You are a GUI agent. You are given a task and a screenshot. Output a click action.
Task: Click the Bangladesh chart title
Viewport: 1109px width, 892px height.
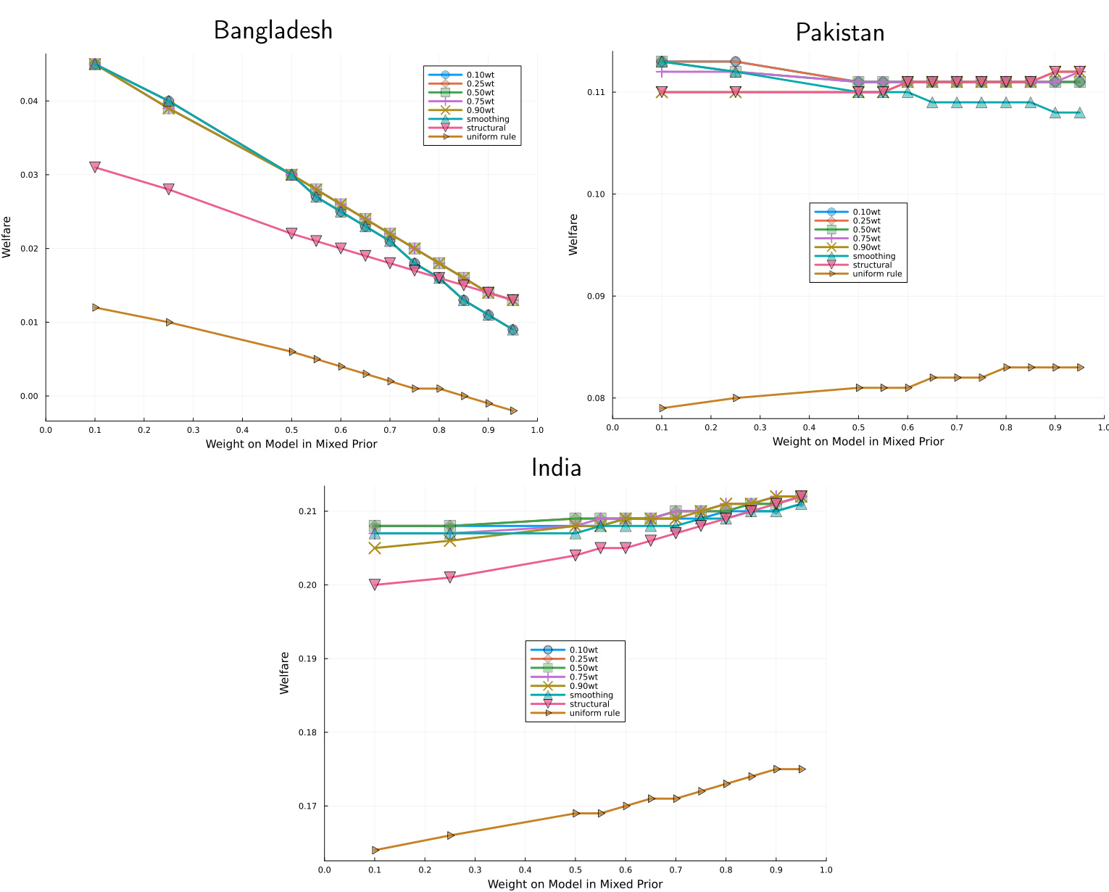(273, 30)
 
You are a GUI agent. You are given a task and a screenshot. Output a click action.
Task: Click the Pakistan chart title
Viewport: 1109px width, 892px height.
(840, 33)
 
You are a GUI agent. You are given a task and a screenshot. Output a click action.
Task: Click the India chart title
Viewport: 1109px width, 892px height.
(556, 468)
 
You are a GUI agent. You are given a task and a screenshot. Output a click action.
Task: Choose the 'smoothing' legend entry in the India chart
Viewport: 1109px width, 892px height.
(591, 695)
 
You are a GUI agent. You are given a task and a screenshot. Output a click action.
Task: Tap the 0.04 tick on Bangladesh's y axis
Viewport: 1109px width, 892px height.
(29, 101)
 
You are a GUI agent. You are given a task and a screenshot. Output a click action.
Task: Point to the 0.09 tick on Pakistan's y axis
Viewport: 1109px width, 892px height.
(596, 297)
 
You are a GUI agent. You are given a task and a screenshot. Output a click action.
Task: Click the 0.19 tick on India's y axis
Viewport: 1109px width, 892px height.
(307, 659)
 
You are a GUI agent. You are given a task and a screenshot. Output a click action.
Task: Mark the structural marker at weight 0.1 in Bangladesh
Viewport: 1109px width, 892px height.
(95, 167)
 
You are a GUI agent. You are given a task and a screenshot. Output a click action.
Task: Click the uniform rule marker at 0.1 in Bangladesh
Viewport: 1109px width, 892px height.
(96, 307)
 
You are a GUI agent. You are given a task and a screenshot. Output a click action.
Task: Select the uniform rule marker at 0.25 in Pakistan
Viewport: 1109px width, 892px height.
(736, 398)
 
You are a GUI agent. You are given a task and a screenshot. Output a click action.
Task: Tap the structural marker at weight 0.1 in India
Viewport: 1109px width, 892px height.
(375, 585)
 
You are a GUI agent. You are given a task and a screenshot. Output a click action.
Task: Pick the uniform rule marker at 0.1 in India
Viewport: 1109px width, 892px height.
(375, 850)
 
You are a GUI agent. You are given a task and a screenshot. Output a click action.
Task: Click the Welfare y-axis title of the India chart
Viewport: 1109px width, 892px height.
(285, 673)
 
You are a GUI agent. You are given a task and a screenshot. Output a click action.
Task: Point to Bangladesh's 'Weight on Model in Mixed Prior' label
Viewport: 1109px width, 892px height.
(291, 444)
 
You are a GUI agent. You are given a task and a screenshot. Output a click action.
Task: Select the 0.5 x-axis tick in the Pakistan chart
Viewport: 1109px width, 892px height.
(858, 428)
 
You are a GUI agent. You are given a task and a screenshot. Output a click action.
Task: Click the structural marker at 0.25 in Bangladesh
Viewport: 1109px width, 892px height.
(169, 189)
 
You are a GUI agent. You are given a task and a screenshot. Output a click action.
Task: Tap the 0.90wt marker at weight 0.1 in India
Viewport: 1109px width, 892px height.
(375, 548)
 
